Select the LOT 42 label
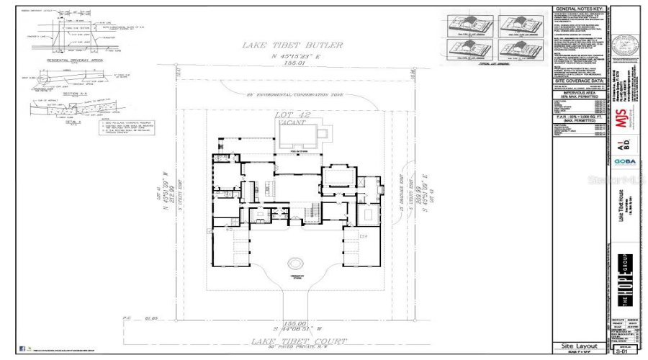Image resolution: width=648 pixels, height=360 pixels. coord(297,114)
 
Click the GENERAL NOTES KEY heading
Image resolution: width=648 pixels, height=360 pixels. coord(580,9)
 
